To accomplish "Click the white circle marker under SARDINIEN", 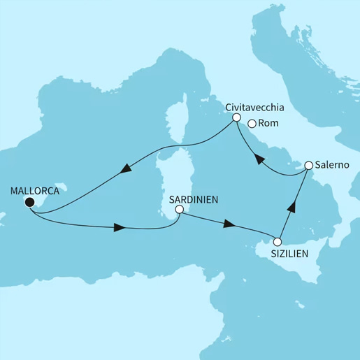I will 180,209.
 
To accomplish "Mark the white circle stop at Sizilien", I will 278,242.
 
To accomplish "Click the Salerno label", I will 331,166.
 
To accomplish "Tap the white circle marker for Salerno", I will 307,166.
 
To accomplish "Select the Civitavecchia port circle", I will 236,117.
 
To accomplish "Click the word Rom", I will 268,124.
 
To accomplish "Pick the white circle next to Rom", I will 252,124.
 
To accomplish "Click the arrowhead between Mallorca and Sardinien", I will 120,228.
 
